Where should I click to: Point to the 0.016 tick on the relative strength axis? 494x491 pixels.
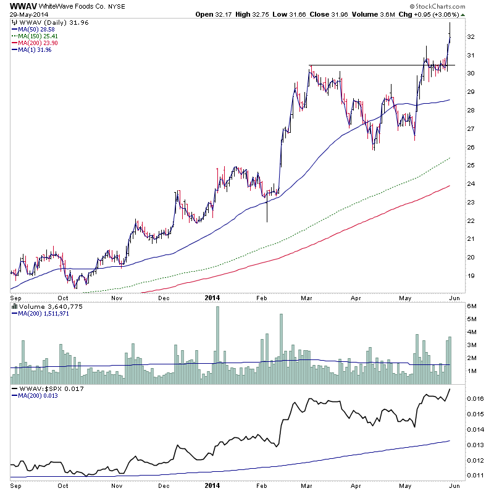point(474,399)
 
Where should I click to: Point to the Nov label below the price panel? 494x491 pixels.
point(117,297)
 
